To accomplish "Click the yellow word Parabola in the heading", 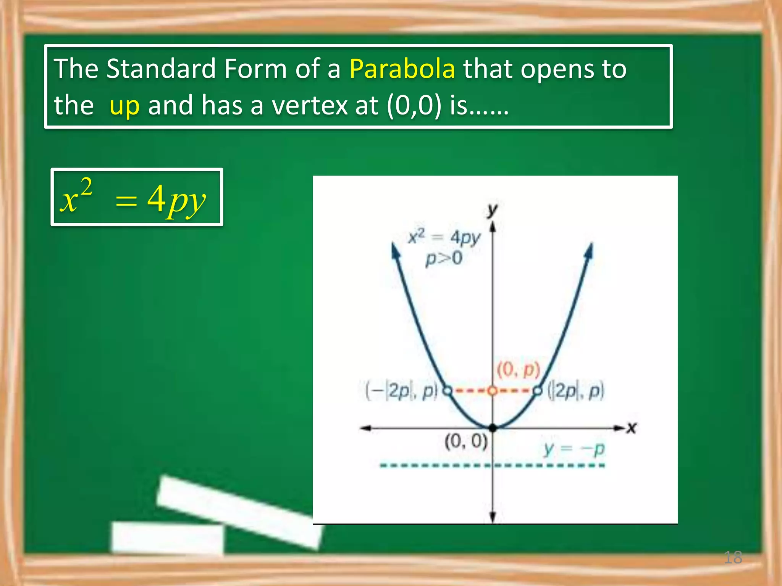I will [402, 69].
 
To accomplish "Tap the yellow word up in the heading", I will [124, 105].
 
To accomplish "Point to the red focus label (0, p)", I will [518, 370].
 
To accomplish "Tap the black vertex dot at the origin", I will [493, 428].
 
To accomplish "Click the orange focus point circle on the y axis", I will [493, 391].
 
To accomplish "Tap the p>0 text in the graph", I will [444, 258].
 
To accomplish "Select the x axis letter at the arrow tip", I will [632, 428].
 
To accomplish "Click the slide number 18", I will [733, 557].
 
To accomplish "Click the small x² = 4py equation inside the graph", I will [444, 237].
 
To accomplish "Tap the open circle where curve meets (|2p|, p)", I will [537, 391].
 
